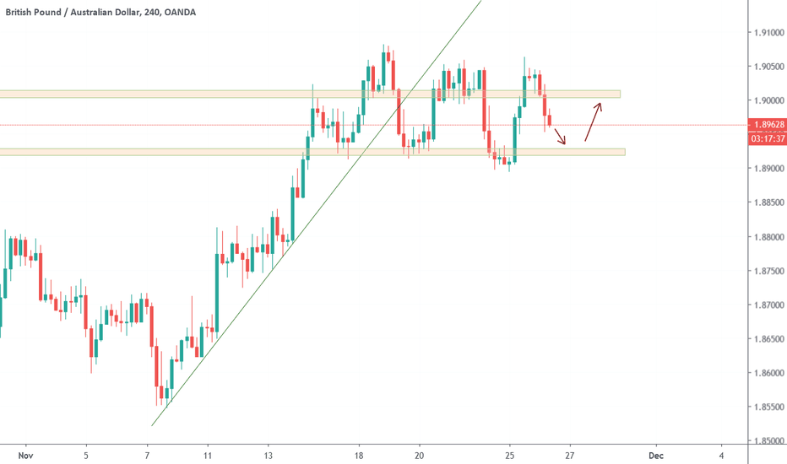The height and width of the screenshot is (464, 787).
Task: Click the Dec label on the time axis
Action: (x=656, y=455)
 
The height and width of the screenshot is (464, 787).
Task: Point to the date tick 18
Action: (x=359, y=455)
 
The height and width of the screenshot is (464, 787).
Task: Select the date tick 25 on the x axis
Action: (x=510, y=455)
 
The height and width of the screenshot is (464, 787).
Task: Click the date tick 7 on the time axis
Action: (x=147, y=455)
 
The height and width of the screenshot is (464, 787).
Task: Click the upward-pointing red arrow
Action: (x=593, y=121)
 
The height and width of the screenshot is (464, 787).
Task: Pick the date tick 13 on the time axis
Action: (x=268, y=455)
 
